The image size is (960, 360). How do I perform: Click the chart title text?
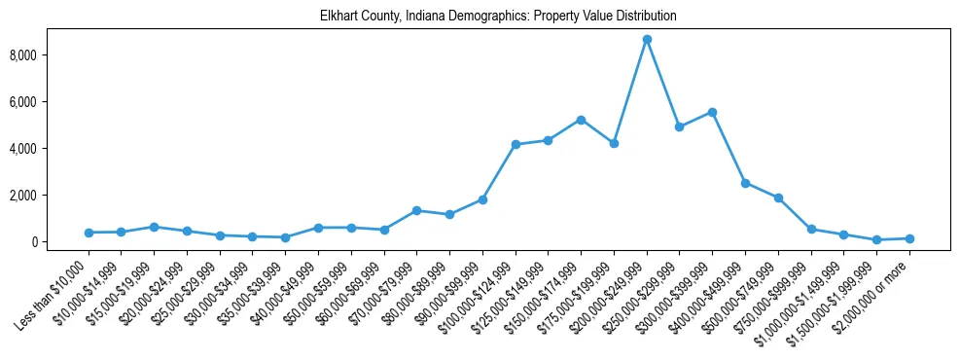[499, 17]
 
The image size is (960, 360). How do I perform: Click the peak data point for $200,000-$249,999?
[647, 40]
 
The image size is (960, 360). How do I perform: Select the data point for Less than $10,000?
[89, 233]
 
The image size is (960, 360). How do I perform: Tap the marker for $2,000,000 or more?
[909, 238]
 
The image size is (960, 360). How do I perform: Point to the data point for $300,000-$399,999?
[712, 112]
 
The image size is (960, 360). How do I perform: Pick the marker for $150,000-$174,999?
[581, 120]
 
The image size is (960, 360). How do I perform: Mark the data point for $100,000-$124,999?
[516, 145]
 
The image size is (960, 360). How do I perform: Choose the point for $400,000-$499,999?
[745, 183]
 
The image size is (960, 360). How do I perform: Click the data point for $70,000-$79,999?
[416, 210]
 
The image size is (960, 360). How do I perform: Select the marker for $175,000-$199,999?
[614, 143]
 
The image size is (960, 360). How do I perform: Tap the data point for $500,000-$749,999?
[778, 198]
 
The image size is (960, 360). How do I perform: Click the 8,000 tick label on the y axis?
[49, 55]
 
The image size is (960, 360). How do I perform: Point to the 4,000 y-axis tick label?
[49, 149]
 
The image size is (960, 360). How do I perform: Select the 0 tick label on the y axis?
[59, 242]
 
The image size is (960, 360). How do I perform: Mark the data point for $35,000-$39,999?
[285, 237]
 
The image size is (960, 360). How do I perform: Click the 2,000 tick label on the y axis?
[49, 196]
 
